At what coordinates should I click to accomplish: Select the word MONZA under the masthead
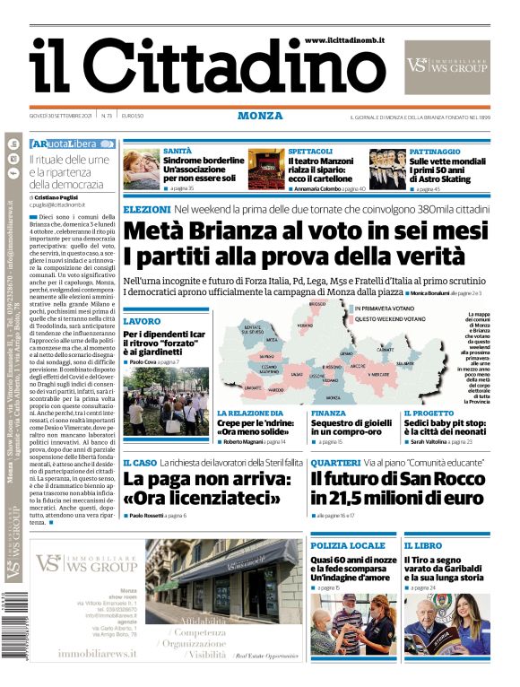(x=260, y=116)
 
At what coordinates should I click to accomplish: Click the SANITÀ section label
(x=178, y=152)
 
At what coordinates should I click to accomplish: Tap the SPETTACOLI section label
(x=311, y=152)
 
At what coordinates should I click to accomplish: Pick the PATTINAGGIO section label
(x=435, y=152)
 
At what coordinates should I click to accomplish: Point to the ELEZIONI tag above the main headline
(x=146, y=209)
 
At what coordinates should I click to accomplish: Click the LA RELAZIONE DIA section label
(x=250, y=413)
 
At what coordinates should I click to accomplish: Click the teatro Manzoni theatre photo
(x=266, y=170)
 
